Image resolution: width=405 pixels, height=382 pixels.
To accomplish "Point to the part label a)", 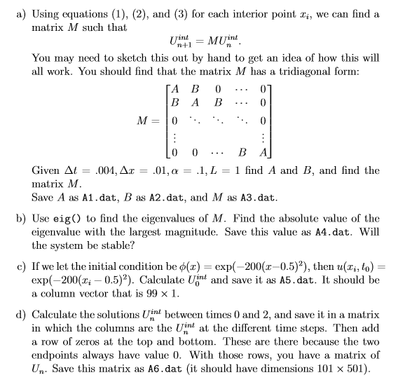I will pos(18,14).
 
